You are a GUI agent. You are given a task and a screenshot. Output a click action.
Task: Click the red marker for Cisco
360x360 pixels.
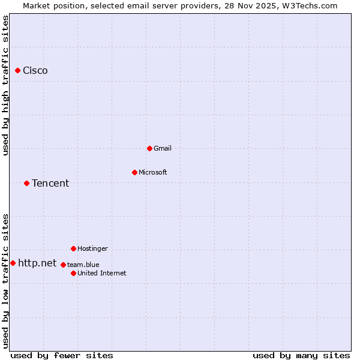(17, 70)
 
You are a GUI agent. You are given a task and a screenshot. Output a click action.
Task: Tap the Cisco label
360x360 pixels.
(35, 71)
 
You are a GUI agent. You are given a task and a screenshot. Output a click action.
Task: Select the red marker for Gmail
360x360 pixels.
(149, 148)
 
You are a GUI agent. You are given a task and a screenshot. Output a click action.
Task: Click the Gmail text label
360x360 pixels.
(163, 148)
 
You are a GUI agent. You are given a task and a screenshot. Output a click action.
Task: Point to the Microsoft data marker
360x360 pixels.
(134, 172)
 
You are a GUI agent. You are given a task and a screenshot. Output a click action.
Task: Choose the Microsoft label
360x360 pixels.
(153, 172)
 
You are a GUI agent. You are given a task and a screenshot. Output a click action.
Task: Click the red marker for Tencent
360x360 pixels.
(26, 183)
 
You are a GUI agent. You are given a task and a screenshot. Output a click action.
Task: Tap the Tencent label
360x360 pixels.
(50, 184)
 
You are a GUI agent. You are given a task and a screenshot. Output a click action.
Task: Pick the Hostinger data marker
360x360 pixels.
(73, 248)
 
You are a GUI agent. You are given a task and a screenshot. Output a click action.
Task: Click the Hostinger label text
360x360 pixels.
(92, 248)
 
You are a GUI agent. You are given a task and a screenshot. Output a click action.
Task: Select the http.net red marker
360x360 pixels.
(13, 263)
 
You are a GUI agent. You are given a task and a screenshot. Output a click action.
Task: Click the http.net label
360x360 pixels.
(37, 263)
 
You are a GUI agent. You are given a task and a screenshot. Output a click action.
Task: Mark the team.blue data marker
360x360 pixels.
(63, 265)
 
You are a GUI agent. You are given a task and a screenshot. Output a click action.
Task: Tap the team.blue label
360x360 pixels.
(83, 265)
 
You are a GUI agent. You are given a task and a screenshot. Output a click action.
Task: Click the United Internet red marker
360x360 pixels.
(73, 273)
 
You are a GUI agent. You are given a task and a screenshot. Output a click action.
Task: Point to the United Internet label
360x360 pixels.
(102, 273)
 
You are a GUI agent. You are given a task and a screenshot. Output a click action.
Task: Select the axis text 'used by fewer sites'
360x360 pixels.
(62, 355)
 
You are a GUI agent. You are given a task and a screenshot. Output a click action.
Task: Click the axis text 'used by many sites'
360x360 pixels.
(301, 355)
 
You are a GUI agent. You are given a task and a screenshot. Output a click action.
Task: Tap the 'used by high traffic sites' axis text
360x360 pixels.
(5, 85)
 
